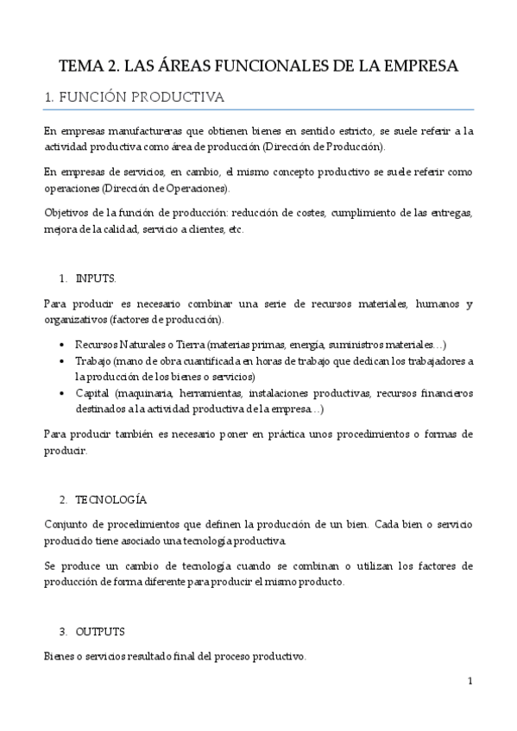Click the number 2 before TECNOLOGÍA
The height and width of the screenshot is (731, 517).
[x=63, y=500]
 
